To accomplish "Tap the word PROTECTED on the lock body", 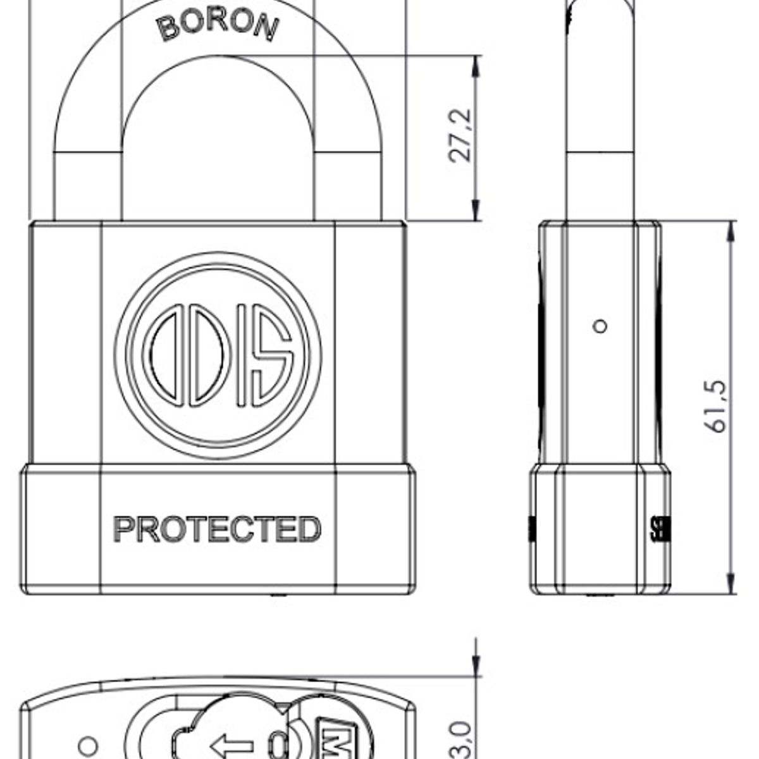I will click(217, 529).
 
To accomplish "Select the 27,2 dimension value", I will click(460, 136).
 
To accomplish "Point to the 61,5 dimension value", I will click(716, 407).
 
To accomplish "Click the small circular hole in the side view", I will click(600, 326).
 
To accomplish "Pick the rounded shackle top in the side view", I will click(600, 13).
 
